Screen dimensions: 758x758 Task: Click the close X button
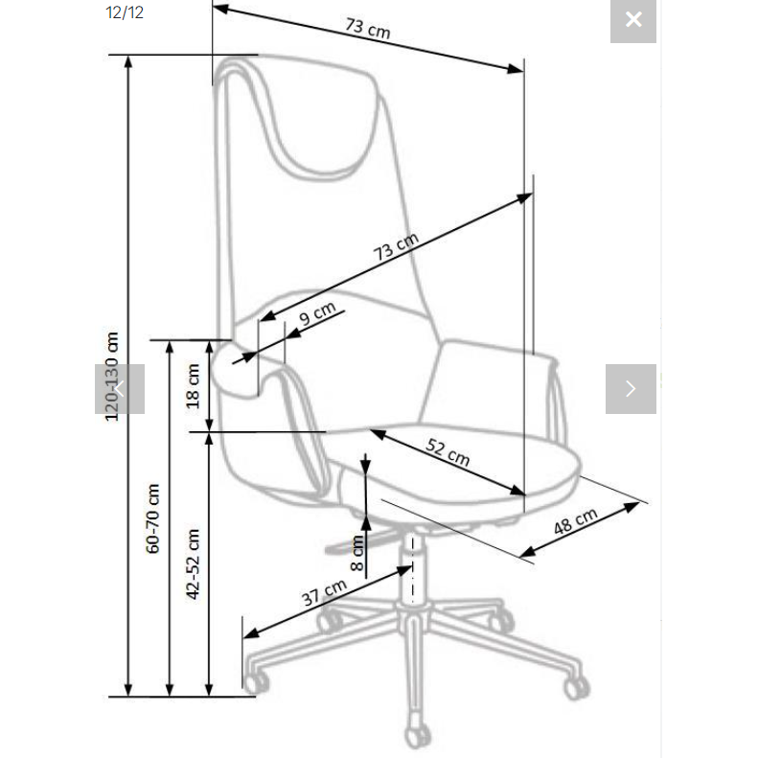(632, 20)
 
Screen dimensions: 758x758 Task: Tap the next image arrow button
(631, 389)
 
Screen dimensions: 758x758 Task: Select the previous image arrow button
(120, 389)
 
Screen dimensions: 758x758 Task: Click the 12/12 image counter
(125, 12)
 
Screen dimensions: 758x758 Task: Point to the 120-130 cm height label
(112, 377)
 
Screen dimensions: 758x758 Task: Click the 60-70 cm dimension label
(152, 518)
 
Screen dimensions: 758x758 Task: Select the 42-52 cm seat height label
(193, 564)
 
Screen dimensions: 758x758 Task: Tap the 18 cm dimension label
(193, 386)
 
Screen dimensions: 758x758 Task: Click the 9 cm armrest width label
(317, 314)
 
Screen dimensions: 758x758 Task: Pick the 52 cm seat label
(448, 452)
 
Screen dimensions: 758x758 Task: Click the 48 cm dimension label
(575, 522)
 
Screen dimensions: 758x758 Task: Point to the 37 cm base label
(324, 592)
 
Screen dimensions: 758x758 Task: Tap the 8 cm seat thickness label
(356, 553)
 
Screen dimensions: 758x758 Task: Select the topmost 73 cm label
(368, 29)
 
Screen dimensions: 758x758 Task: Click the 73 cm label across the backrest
(396, 246)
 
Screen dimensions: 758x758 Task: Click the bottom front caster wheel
(418, 736)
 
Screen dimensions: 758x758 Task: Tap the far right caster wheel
(577, 687)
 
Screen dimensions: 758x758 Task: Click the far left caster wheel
(256, 682)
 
